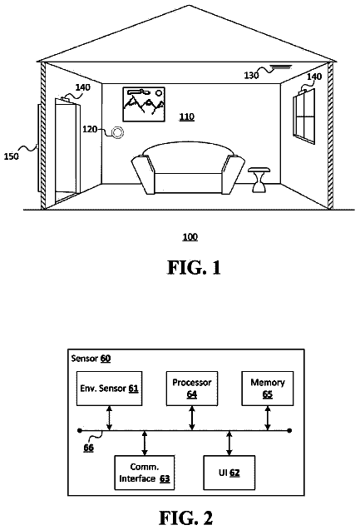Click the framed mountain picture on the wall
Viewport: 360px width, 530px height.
point(144,104)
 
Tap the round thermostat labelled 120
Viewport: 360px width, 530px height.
point(117,132)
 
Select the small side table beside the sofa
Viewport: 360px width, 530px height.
point(259,180)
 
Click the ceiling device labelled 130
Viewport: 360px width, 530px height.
point(281,67)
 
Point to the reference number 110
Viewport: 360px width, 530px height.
point(186,116)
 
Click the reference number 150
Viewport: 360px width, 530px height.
point(11,156)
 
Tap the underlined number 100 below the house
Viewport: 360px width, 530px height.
point(190,236)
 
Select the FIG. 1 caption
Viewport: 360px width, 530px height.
point(194,267)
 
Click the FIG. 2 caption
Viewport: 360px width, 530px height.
point(185,518)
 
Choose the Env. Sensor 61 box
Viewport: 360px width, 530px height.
point(110,389)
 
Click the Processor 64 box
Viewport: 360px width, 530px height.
point(192,389)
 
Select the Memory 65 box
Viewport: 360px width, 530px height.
point(268,389)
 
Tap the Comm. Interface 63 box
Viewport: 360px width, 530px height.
point(145,473)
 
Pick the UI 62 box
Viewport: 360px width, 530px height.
point(229,473)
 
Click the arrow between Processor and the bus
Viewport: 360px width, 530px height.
point(192,419)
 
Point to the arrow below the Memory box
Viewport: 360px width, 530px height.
point(268,419)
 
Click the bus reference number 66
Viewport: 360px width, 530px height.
point(88,448)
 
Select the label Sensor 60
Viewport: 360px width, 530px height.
point(91,359)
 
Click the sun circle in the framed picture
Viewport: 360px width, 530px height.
point(159,92)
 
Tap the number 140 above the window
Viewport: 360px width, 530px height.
point(314,77)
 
